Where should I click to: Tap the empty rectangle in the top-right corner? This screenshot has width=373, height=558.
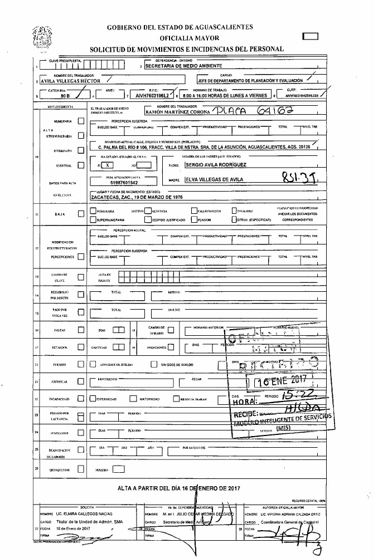click(309, 37)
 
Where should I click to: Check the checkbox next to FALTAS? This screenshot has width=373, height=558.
click(81, 330)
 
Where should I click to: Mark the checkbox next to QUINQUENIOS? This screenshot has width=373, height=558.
click(81, 469)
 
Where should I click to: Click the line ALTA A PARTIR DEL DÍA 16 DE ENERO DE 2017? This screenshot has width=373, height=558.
click(178, 488)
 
